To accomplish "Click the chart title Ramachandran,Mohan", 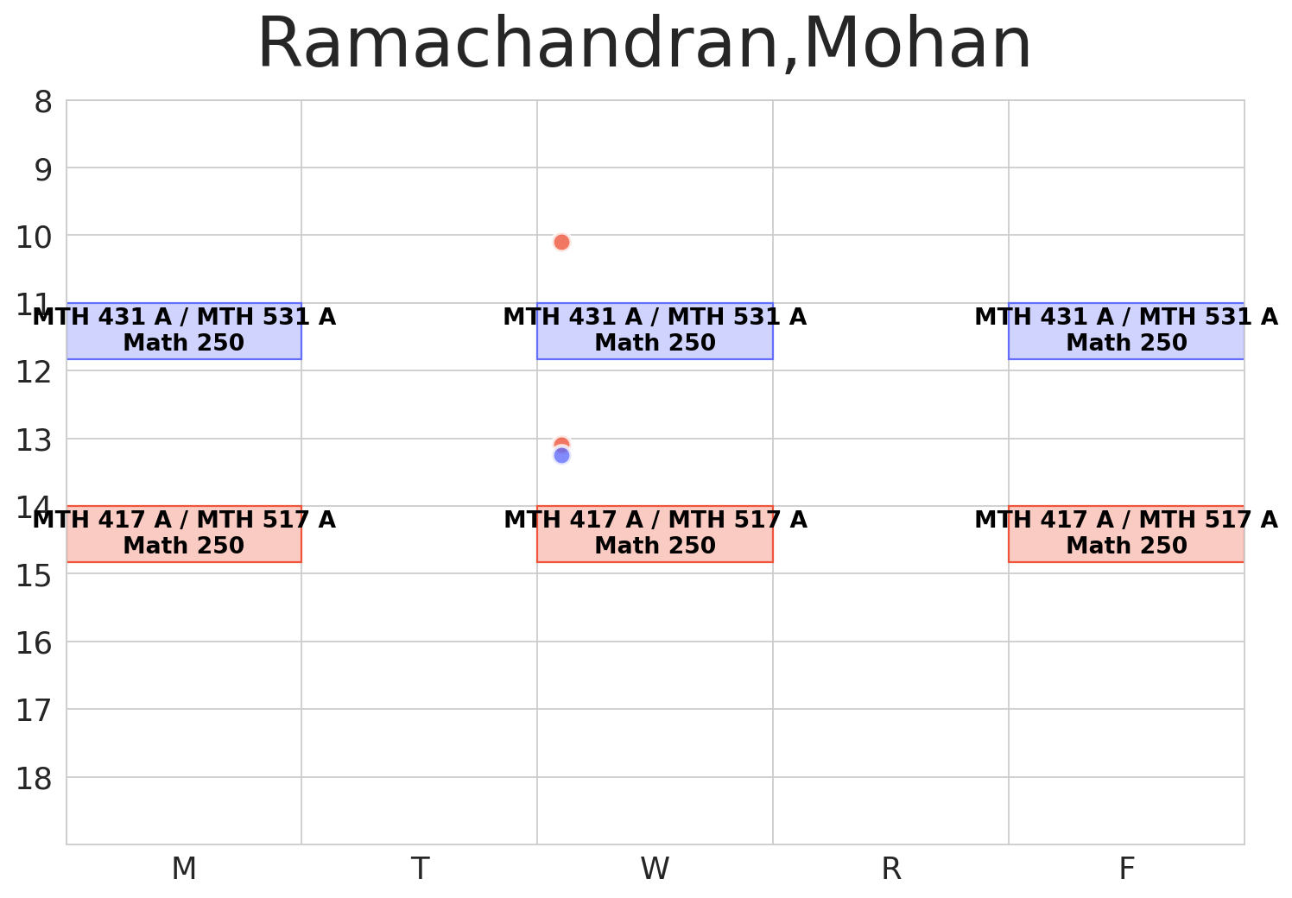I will click(644, 45).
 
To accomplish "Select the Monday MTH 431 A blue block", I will click(184, 331).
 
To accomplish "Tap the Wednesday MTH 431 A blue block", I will click(655, 331).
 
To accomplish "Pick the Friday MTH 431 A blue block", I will click(1126, 331).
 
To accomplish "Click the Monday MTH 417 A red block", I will click(184, 534).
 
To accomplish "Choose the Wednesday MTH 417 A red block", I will click(655, 534).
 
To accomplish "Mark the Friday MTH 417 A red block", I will click(1126, 534).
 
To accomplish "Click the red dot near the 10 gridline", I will click(561, 242).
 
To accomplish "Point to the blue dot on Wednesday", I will click(561, 456).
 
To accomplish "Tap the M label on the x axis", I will click(184, 869).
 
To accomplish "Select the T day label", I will click(420, 869).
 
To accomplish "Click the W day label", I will click(655, 869).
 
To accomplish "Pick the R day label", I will click(890, 869).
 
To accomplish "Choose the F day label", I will click(1126, 869).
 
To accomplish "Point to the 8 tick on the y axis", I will click(43, 103).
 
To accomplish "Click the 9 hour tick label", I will click(43, 170).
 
